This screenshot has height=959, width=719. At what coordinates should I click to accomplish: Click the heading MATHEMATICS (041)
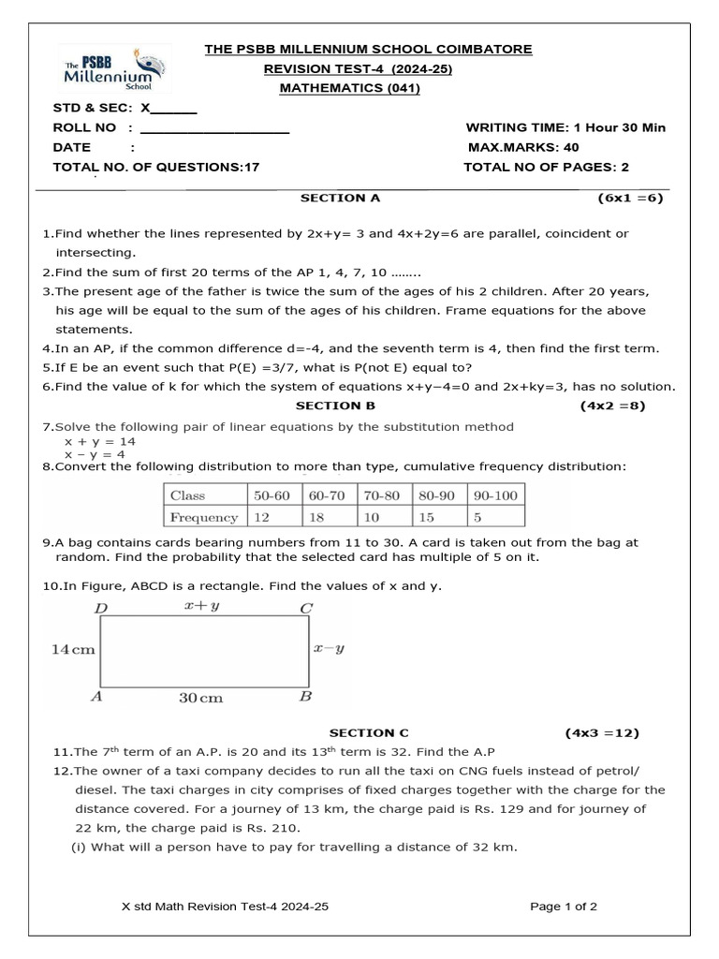coord(350,88)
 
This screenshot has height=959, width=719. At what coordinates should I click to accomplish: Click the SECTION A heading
coord(340,199)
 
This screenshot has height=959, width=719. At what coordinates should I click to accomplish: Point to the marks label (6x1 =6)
coord(631,199)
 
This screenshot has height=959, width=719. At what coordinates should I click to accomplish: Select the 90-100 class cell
coord(496,495)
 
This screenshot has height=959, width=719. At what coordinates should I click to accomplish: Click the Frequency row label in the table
coord(203,517)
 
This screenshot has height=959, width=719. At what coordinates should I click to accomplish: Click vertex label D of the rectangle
coord(101,609)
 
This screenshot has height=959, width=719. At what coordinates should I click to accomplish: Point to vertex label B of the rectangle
coord(305,697)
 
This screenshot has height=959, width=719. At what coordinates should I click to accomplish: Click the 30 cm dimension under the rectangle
coord(201,698)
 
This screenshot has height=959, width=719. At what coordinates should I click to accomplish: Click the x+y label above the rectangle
coord(201,607)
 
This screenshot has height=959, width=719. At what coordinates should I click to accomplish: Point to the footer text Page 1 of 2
coord(564,907)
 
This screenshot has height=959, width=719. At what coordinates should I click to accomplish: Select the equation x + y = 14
coord(100,440)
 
